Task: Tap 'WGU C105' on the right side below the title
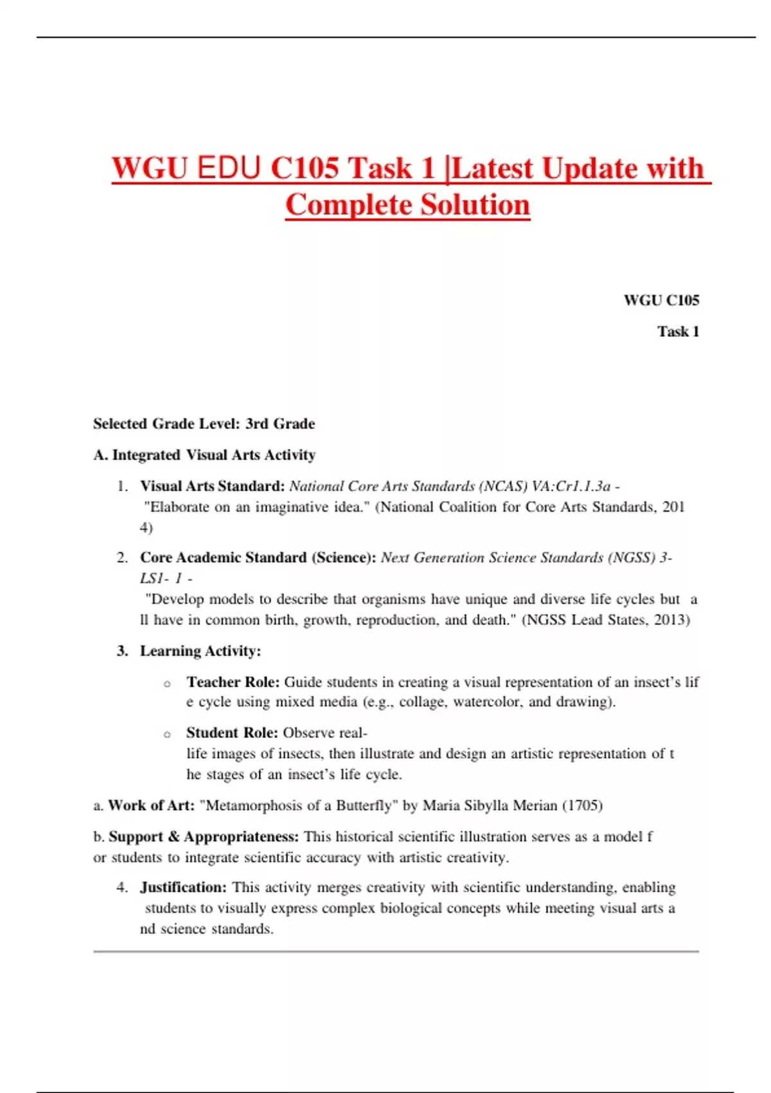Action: point(661,300)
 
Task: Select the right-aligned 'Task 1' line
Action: point(678,332)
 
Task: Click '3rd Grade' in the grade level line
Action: point(280,424)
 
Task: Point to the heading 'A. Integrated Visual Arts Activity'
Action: point(204,455)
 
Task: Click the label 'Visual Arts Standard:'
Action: point(212,486)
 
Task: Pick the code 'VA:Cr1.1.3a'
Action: point(571,486)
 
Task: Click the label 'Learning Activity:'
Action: point(200,651)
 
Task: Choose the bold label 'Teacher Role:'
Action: point(233,682)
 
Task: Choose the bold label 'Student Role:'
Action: point(232,733)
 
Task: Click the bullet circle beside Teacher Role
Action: point(167,684)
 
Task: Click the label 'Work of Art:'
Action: point(151,806)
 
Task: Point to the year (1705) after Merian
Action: point(582,806)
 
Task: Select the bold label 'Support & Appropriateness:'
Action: point(204,837)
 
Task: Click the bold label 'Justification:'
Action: point(183,888)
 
